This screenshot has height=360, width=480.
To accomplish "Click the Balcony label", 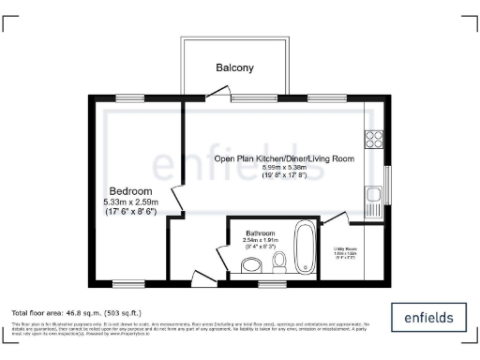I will pos(234,68).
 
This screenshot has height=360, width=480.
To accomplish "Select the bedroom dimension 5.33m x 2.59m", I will pos(131,202).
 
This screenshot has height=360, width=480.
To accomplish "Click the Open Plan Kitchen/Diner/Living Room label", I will pos(283,159).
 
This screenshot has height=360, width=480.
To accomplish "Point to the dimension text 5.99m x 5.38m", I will pos(283,168).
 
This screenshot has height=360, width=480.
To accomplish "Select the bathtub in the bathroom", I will pos(306,246).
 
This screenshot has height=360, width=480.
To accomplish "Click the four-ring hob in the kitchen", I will pos(373,140).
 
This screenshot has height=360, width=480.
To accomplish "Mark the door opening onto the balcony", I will pos(217,92).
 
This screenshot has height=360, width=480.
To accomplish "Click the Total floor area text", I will pos(75,311).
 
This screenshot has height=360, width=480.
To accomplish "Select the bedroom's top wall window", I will pos(130,97).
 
